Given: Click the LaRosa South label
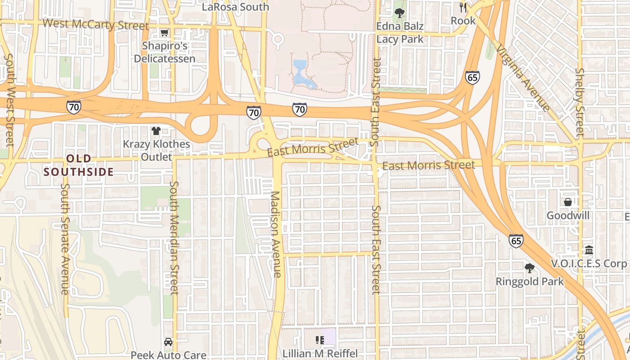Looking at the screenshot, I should tap(235, 7).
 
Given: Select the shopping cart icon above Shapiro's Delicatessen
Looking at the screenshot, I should tap(164, 32).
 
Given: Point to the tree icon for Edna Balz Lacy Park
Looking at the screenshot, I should tap(399, 13).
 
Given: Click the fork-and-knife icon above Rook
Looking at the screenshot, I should tap(463, 8).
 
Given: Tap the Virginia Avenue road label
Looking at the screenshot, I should tap(523, 77).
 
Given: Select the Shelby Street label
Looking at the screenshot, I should tap(580, 102).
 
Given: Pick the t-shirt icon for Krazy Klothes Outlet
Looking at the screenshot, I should tap(156, 131).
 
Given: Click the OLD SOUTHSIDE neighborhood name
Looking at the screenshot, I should tap(79, 165).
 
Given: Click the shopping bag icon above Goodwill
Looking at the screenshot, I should tap(568, 202).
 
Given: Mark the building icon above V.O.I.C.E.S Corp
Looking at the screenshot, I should tap(589, 250).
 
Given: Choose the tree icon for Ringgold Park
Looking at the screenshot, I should tap(530, 268).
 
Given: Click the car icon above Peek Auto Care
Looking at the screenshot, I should tap(168, 342).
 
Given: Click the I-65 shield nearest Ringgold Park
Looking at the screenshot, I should tap(516, 241).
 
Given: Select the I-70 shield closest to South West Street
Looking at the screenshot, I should tap(73, 107).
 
